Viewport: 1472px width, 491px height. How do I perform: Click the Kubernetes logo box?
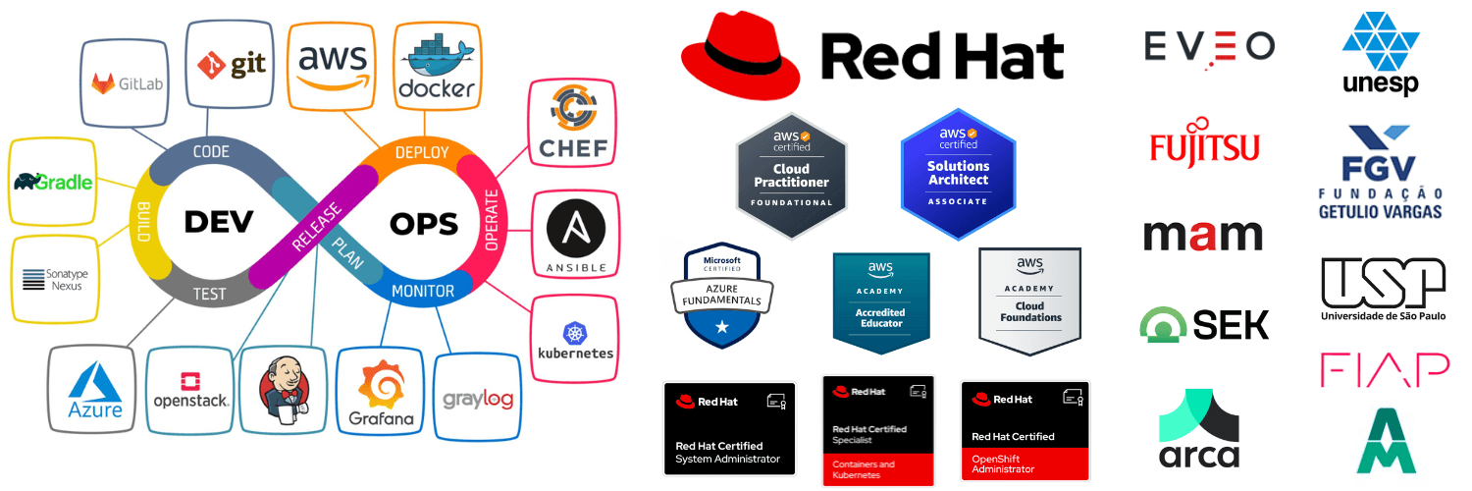[575, 340]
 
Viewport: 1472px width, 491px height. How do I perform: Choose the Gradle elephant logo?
[54, 182]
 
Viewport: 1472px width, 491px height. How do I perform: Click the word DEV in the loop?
[218, 222]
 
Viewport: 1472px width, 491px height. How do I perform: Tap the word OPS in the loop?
[424, 224]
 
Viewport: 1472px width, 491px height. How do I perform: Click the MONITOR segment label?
[423, 291]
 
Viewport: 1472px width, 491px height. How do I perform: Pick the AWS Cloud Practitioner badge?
[791, 176]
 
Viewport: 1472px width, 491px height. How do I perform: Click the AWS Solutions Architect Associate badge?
[958, 174]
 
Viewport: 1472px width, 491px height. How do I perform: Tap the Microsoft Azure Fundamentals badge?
[722, 296]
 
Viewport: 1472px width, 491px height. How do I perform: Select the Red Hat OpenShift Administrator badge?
[1025, 429]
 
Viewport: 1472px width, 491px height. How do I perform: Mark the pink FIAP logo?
[1384, 369]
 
